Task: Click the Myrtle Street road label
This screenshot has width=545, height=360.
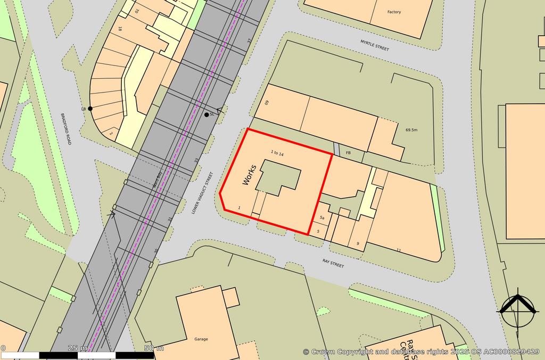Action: click(375, 45)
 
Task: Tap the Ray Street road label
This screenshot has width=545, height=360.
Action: click(333, 263)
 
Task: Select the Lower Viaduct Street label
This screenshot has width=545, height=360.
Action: click(202, 193)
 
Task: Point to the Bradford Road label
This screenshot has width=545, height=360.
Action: click(65, 129)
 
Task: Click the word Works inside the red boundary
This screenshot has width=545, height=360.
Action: click(249, 174)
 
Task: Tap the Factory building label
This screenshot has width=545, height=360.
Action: click(394, 12)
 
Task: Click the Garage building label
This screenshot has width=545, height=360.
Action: click(201, 339)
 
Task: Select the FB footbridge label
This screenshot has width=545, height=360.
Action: click(349, 153)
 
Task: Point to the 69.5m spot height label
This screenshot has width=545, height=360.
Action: click(411, 130)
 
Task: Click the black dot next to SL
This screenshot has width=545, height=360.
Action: click(207, 114)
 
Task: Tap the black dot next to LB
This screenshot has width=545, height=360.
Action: click(90, 108)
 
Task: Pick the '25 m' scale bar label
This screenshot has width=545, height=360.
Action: click(78, 348)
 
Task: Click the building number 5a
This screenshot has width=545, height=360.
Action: click(322, 218)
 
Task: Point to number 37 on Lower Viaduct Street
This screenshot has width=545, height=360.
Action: click(249, 40)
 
